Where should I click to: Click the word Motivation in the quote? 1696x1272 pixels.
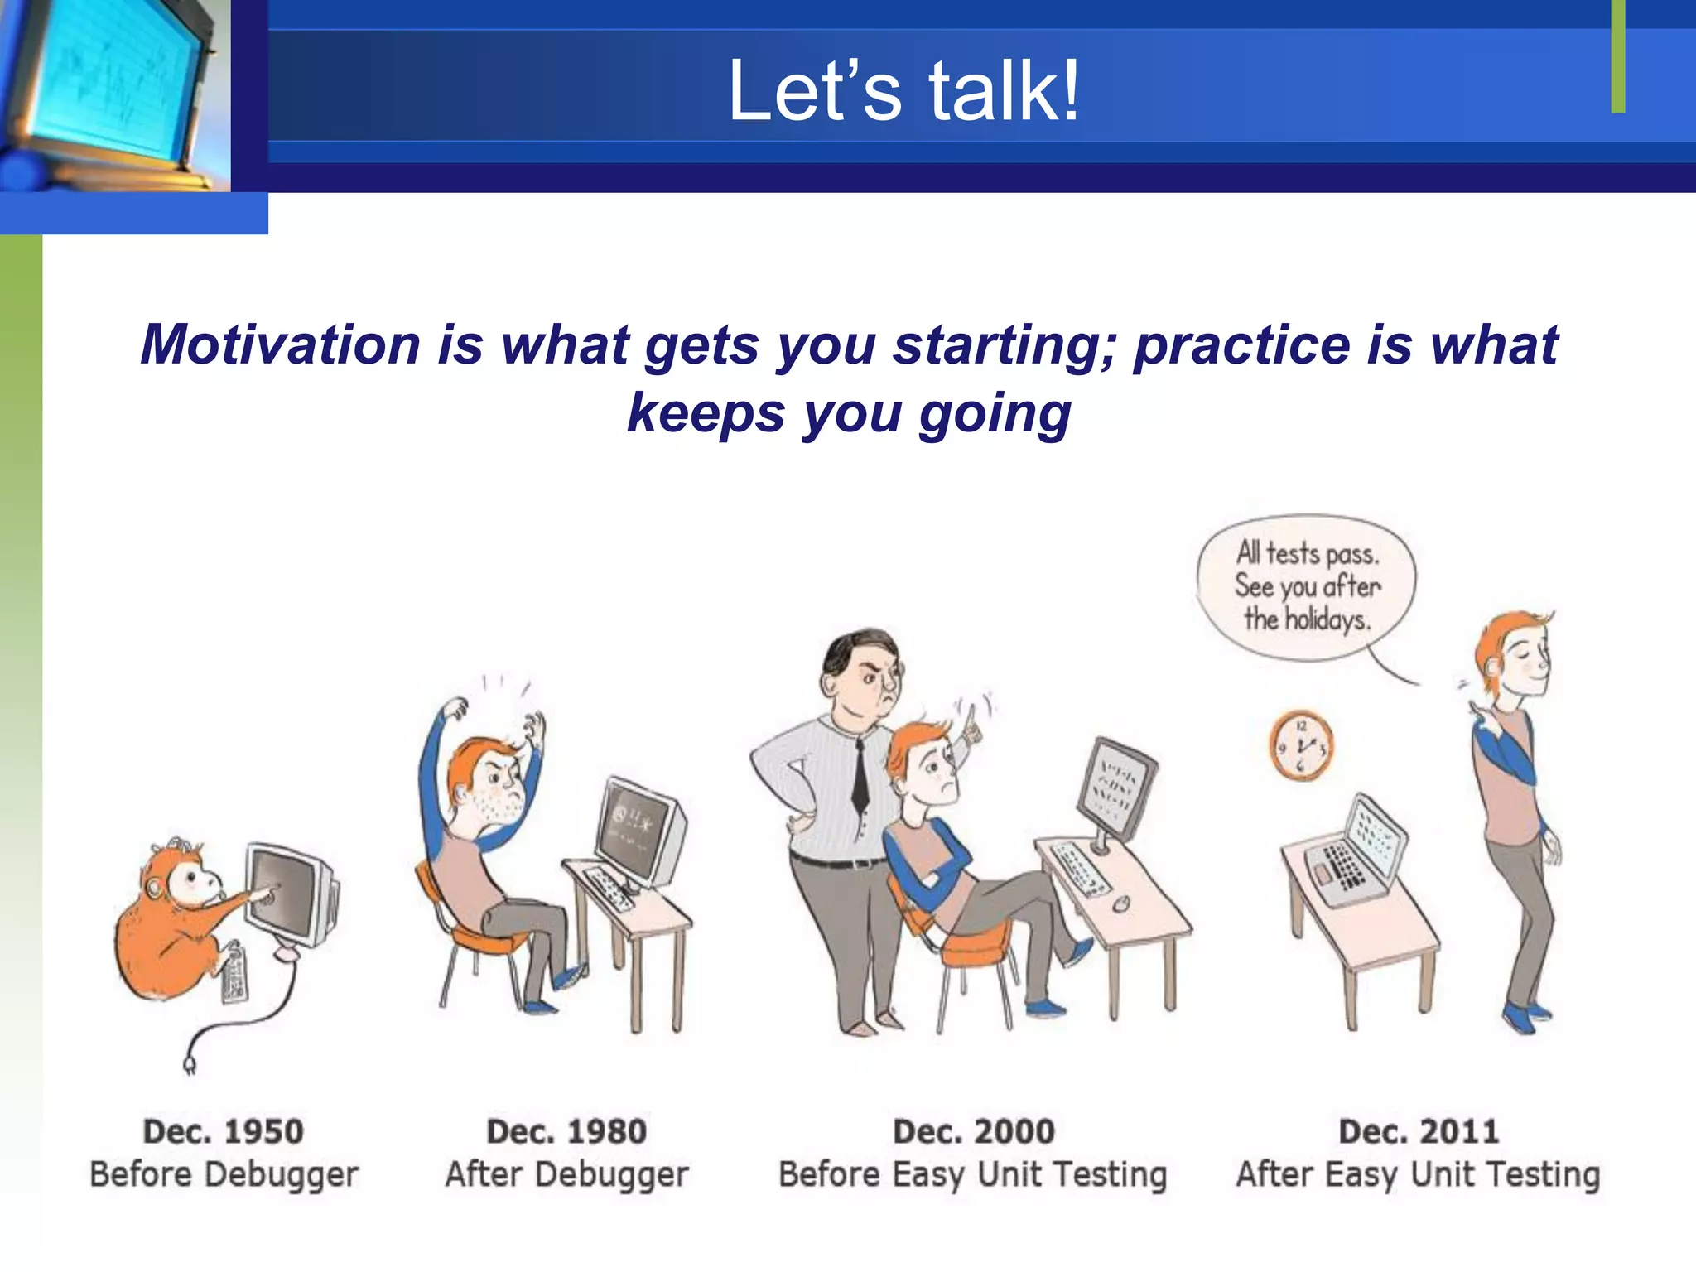pyautogui.click(x=281, y=344)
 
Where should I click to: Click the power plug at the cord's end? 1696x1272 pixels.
pyautogui.click(x=190, y=1063)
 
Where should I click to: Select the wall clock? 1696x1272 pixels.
pyautogui.click(x=1301, y=745)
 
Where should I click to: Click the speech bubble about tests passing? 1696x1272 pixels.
pyautogui.click(x=1307, y=587)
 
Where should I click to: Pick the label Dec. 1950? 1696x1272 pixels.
pyautogui.click(x=224, y=1131)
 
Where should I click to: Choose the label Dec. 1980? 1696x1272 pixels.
pyautogui.click(x=566, y=1131)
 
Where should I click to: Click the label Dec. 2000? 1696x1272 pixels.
pyautogui.click(x=974, y=1131)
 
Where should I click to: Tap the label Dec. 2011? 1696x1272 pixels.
pyautogui.click(x=1419, y=1131)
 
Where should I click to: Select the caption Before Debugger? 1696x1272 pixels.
pyautogui.click(x=224, y=1175)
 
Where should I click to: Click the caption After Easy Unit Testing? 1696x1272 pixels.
pyautogui.click(x=1418, y=1175)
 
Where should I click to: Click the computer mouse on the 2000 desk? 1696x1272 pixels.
pyautogui.click(x=1121, y=903)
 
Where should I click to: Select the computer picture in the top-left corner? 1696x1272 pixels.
pyautogui.click(x=115, y=95)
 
